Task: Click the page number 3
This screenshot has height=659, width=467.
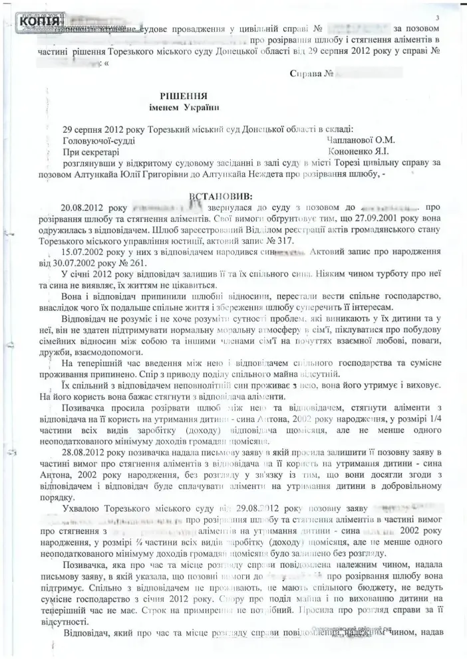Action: click(438, 17)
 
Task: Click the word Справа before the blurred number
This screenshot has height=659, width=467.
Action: click(311, 72)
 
